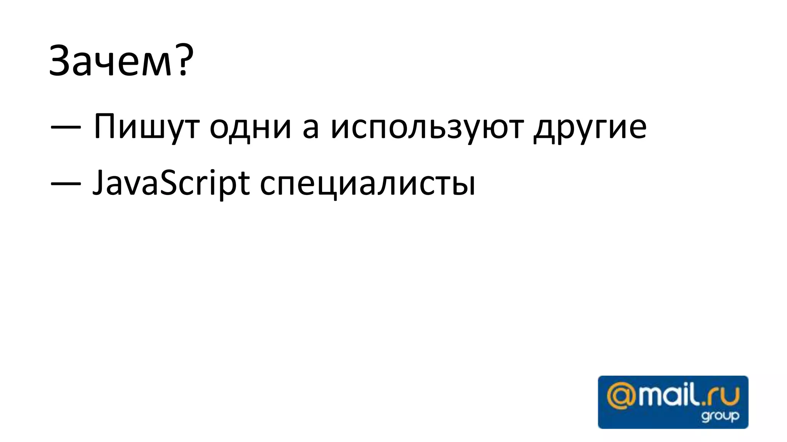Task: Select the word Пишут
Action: tap(146, 127)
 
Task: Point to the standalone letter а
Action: tap(310, 128)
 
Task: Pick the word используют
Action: tap(427, 127)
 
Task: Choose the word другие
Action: tap(590, 127)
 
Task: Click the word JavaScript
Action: tap(171, 183)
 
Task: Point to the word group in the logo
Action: tap(720, 416)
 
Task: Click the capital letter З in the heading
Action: tap(61, 61)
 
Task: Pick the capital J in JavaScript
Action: tap(100, 183)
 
